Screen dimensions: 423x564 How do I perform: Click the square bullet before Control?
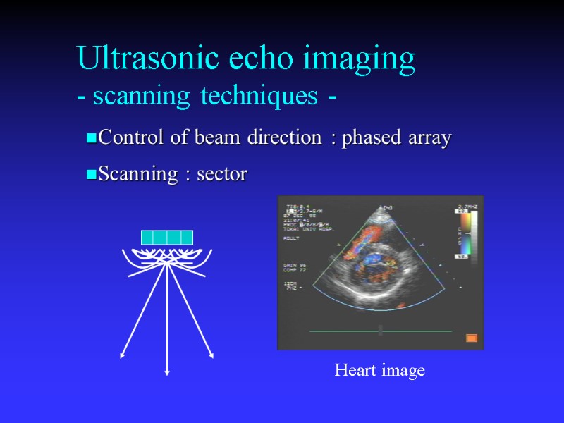(91, 139)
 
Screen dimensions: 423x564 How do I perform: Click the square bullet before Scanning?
(91, 176)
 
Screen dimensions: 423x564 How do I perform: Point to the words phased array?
(396, 138)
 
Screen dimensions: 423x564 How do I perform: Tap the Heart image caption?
(379, 370)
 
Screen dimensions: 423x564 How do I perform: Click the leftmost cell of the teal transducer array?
(147, 237)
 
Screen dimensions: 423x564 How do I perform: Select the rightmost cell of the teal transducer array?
(187, 237)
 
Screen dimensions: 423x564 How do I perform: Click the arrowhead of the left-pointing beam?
(123, 355)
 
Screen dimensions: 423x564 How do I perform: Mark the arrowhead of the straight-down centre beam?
(167, 372)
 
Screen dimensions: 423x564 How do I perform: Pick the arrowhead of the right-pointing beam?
(211, 355)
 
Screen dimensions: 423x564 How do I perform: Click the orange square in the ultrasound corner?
(472, 338)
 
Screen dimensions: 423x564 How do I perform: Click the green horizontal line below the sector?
(381, 331)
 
